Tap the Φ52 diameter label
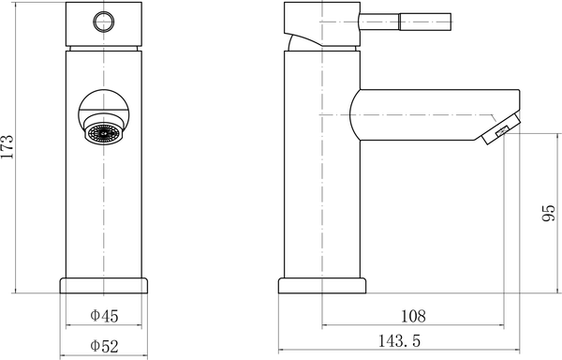104,346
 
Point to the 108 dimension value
413,315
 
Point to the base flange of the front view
104,285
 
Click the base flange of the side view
321,285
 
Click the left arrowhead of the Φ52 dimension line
65,357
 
